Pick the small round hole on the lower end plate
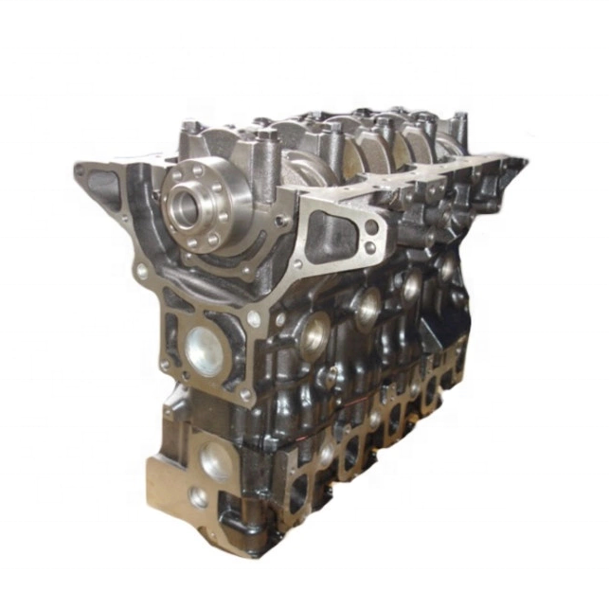pyautogui.click(x=198, y=496)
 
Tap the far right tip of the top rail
pyautogui.click(x=525, y=163)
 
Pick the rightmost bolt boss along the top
pyautogui.click(x=460, y=120)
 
